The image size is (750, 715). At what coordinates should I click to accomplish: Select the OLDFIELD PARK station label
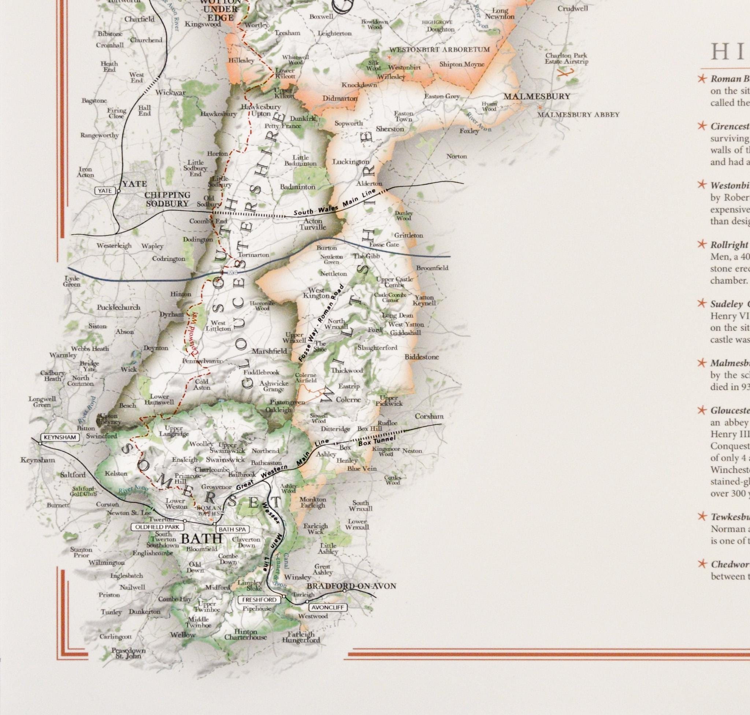click(157, 527)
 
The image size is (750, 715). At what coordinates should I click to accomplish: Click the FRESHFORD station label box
click(259, 600)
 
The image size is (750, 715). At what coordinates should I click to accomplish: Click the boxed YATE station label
click(105, 191)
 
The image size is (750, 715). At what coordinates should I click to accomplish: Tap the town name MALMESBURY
click(536, 96)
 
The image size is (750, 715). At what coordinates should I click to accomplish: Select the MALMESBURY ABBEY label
click(578, 114)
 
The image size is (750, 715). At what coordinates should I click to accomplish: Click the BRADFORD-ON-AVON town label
click(351, 586)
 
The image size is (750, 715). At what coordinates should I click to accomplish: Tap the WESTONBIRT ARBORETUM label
click(439, 49)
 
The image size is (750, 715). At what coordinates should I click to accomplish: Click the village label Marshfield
click(269, 351)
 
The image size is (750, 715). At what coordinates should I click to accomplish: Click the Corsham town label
click(429, 416)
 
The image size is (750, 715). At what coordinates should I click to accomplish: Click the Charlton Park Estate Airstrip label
click(566, 58)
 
